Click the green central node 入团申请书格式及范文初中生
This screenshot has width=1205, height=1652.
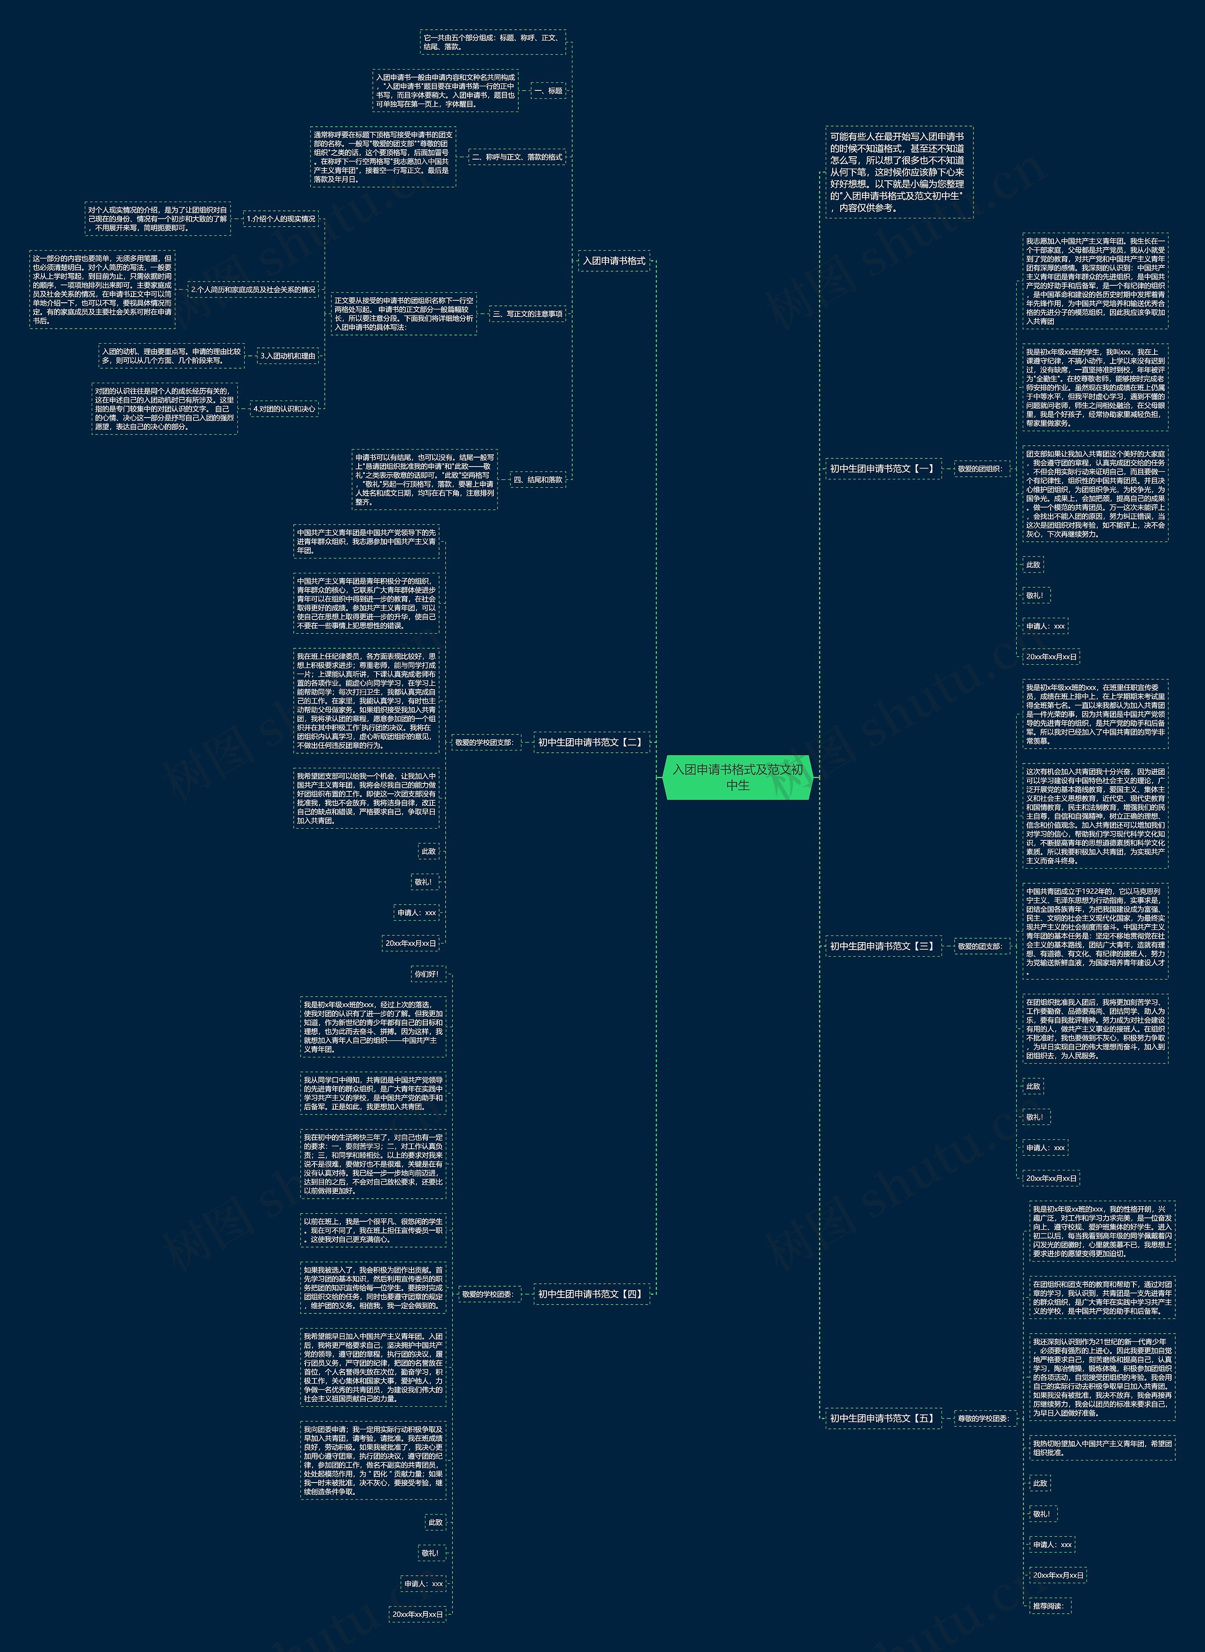click(x=738, y=777)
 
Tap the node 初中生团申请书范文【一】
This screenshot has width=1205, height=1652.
click(x=882, y=468)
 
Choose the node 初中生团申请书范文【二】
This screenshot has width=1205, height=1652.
click(x=590, y=742)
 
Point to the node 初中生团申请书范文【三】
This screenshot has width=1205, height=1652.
click(x=882, y=946)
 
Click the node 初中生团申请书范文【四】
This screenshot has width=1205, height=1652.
click(x=590, y=1294)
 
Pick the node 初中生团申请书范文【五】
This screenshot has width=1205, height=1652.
click(x=882, y=1418)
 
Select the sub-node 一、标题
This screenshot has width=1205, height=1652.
click(x=548, y=90)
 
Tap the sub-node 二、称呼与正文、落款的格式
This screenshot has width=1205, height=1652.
click(x=516, y=157)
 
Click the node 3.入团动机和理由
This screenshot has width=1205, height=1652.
click(x=288, y=356)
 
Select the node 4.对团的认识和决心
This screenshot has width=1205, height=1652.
click(x=284, y=409)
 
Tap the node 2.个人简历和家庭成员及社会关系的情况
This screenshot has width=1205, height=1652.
click(x=253, y=290)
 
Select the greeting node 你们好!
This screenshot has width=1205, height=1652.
click(x=426, y=974)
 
